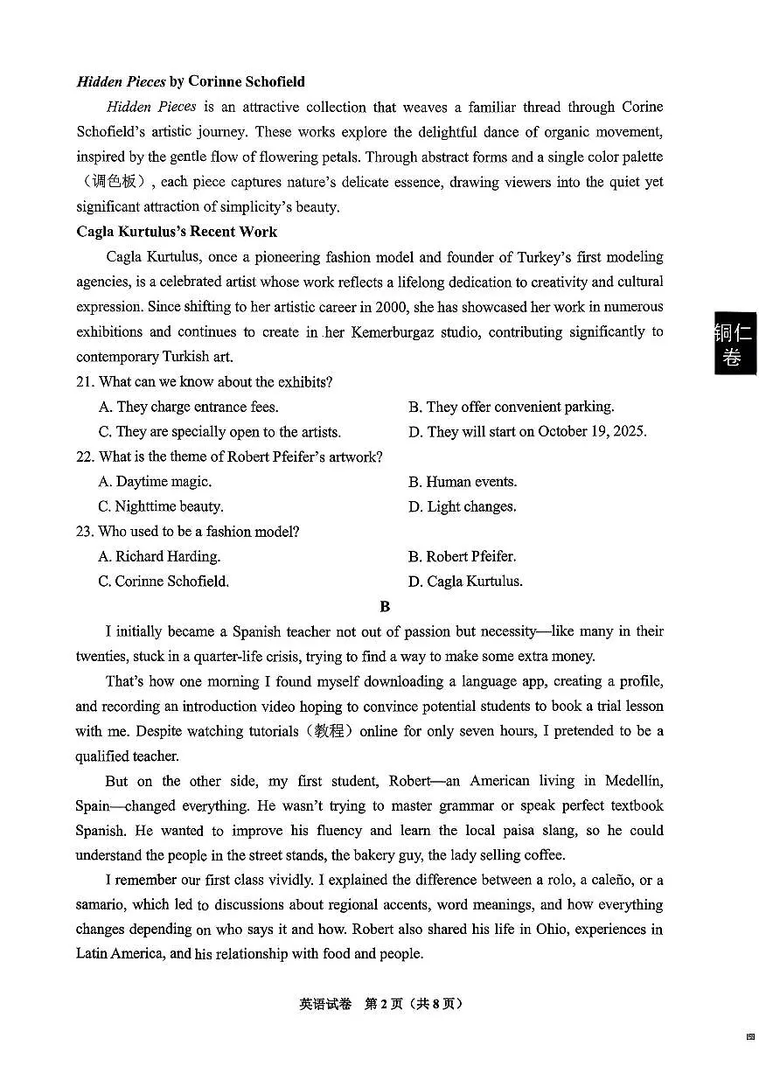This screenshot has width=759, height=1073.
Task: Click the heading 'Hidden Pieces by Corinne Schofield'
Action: tap(191, 81)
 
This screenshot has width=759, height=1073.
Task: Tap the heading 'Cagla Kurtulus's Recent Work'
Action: tap(177, 232)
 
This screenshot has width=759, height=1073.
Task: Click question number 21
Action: tap(85, 382)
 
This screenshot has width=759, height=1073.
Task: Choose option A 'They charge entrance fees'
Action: tap(188, 407)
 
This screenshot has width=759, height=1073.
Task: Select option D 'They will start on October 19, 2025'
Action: tap(527, 432)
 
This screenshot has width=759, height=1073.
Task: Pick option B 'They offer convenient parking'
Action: tap(511, 407)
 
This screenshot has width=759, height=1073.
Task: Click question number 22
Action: tap(85, 456)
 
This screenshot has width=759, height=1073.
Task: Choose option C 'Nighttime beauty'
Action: tap(161, 506)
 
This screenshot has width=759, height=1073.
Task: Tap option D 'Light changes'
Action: tap(462, 506)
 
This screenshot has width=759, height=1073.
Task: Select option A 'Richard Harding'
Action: tap(159, 556)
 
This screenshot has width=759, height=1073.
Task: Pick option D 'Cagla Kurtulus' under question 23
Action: tap(465, 582)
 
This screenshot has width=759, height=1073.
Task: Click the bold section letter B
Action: tap(385, 606)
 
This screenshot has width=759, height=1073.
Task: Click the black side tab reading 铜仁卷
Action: tap(734, 344)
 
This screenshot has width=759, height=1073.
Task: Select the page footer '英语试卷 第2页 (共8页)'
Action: tap(380, 1004)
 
